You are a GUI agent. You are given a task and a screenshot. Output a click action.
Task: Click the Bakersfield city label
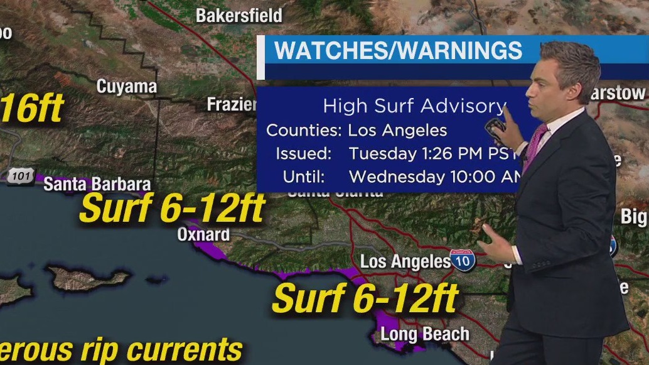click(x=239, y=15)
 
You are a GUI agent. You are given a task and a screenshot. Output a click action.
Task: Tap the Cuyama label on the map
click(x=126, y=86)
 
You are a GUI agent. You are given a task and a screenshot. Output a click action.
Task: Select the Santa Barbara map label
click(x=97, y=184)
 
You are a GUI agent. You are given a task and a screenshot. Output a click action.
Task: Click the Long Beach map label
click(x=425, y=334)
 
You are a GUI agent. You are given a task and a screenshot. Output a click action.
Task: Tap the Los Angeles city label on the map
click(x=405, y=261)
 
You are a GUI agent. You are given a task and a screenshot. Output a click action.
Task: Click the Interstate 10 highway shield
click(x=463, y=261)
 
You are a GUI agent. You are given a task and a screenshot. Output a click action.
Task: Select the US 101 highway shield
click(x=21, y=177)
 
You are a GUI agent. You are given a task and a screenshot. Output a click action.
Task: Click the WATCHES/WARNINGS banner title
click(x=399, y=51)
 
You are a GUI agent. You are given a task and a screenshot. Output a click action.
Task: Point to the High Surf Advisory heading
click(x=414, y=106)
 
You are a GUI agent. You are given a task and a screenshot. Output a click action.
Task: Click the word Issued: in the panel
click(x=303, y=153)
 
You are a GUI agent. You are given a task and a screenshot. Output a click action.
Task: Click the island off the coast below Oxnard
click(x=88, y=276)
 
